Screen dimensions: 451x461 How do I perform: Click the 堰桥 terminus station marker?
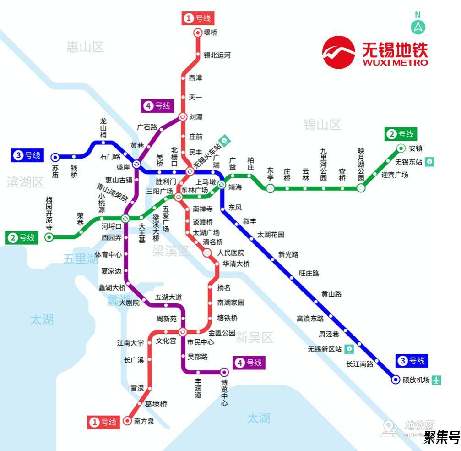tap(198, 33)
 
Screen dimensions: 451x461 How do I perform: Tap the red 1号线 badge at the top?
tap(198, 18)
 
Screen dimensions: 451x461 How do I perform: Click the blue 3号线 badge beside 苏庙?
tap(27, 155)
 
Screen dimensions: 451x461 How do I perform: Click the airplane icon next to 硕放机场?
tap(436, 380)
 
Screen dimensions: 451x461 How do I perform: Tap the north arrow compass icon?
tap(418, 27)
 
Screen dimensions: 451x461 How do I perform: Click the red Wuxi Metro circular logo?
tap(339, 52)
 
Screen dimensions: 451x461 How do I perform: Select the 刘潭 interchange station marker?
tap(182, 117)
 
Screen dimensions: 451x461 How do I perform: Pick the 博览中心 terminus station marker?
tap(224, 372)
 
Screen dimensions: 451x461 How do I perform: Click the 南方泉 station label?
tap(144, 422)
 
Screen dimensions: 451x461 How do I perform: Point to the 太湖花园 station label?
tap(271, 235)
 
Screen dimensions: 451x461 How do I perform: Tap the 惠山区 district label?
tap(85, 47)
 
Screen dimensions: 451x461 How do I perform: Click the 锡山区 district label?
tap(322, 125)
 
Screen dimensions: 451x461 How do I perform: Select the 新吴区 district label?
tap(254, 338)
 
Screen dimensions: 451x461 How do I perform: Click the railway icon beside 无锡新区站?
tap(349, 349)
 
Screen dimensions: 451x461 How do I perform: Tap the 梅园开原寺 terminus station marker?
tap(49, 237)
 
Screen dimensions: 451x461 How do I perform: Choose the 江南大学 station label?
tap(130, 342)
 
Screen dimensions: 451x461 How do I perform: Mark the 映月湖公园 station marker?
tap(361, 188)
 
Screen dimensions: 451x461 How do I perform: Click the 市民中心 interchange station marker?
tap(183, 332)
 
